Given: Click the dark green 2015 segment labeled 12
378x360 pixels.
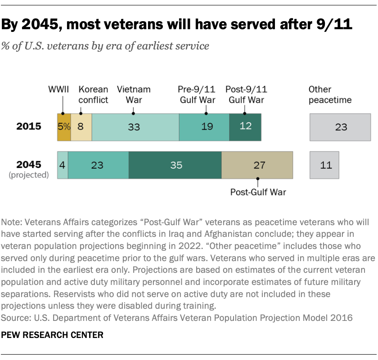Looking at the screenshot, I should [245, 127].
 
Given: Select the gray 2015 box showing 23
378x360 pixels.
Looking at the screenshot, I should [341, 127].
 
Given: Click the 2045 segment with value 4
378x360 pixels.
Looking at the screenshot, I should [63, 165].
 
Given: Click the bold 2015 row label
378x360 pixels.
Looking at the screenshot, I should [29, 127].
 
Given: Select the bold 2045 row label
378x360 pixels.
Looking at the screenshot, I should [29, 164].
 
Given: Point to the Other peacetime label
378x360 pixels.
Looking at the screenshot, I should [330, 94].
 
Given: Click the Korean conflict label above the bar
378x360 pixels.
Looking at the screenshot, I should [93, 94].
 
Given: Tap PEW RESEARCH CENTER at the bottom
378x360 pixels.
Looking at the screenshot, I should [53, 335].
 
